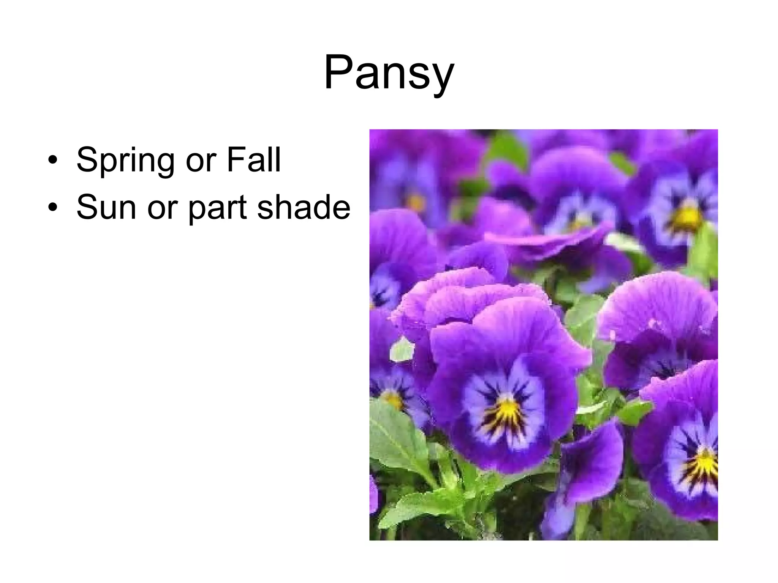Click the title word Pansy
point(389,73)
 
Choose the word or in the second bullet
point(160,209)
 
